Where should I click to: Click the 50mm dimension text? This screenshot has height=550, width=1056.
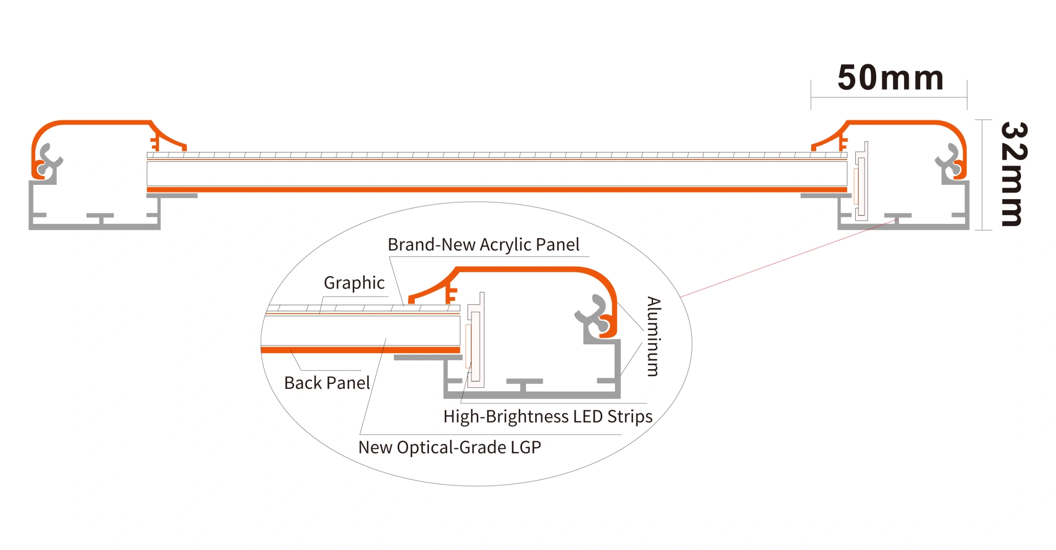[x=890, y=78]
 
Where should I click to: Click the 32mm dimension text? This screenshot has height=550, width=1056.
[x=1013, y=174]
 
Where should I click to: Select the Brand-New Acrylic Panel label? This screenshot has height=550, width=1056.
[x=483, y=245]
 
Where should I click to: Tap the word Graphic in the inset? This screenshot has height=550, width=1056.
[x=354, y=283]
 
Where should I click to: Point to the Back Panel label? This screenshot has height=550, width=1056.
[x=327, y=383]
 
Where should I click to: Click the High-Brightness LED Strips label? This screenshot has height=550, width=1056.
[x=548, y=416]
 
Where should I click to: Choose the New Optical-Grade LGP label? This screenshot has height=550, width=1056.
[x=449, y=447]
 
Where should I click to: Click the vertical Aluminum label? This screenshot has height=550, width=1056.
[x=653, y=336]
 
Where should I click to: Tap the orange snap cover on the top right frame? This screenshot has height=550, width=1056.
[x=902, y=123]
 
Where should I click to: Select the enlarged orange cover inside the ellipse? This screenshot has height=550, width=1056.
[x=528, y=269]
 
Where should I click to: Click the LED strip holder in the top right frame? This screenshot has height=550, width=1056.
[x=861, y=182]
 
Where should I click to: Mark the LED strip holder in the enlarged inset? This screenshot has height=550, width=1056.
[x=476, y=341]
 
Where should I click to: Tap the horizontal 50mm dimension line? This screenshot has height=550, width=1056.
[x=889, y=97]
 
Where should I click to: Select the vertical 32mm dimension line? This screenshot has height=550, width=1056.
[x=983, y=174]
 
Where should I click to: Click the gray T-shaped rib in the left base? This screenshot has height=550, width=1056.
[x=101, y=218]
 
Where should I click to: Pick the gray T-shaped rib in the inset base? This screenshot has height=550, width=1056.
[x=524, y=384]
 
